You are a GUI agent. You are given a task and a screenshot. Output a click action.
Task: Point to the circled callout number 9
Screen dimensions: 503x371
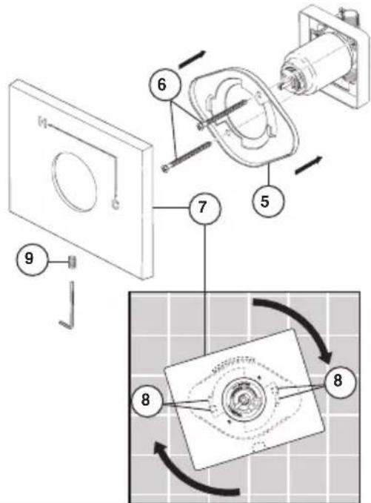(x=29, y=258)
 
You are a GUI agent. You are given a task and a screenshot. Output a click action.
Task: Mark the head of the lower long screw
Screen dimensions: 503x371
(x=166, y=169)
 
